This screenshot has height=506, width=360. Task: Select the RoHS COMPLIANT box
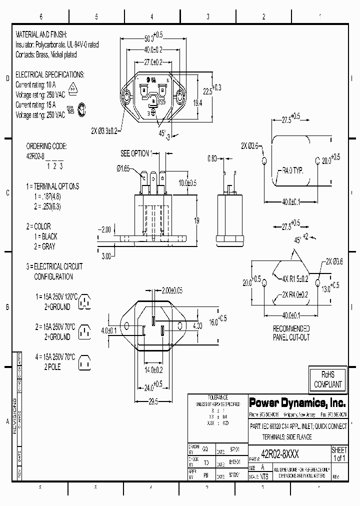[327, 380]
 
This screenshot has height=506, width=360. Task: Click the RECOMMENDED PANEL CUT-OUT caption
[291, 332]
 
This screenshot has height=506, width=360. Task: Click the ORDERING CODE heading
[46, 146]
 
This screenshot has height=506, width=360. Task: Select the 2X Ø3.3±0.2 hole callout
[104, 131]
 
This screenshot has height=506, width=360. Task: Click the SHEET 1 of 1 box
[339, 454]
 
